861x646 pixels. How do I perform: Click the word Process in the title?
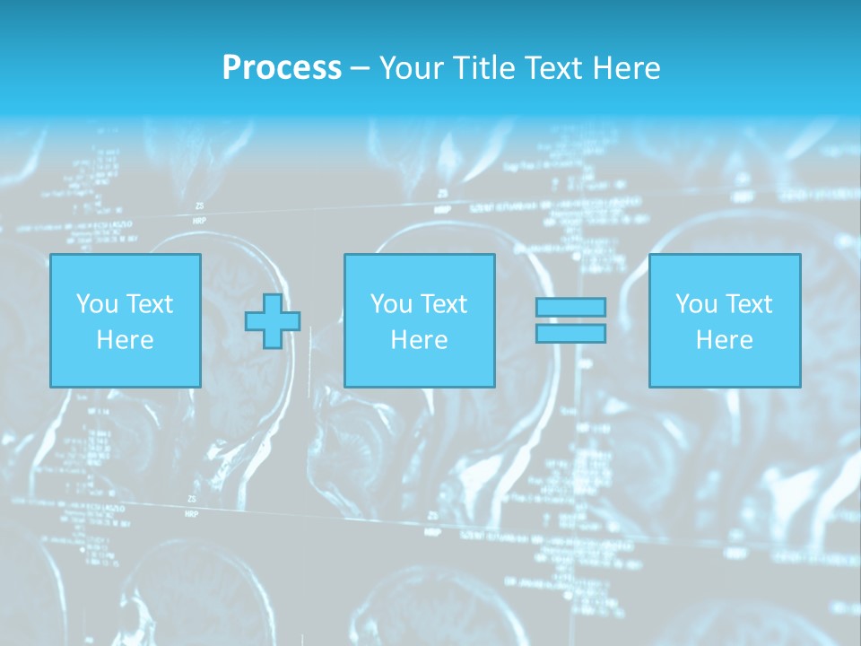(282, 68)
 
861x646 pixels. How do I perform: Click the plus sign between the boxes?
(273, 320)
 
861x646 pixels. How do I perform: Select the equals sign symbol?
(570, 320)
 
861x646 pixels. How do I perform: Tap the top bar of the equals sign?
(570, 308)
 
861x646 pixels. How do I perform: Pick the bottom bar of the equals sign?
(570, 334)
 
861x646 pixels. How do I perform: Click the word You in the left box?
(97, 304)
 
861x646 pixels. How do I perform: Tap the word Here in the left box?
(126, 340)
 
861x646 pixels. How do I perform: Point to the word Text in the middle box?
(443, 304)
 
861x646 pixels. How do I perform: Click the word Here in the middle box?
(420, 340)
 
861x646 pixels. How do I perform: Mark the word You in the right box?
(696, 304)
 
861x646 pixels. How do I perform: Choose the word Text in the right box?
(748, 304)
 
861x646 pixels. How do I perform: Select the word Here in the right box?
(725, 340)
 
